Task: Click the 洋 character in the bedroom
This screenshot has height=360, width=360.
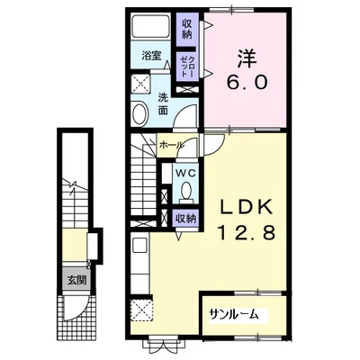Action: (247, 58)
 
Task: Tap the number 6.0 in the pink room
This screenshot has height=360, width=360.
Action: (247, 82)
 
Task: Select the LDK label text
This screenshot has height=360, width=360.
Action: (247, 207)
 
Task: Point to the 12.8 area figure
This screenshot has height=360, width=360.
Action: (247, 232)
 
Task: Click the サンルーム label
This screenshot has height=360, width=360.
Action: (234, 314)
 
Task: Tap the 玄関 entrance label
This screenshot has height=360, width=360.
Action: (76, 280)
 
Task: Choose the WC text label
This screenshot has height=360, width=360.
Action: (185, 173)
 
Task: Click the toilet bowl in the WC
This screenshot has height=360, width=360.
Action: (186, 192)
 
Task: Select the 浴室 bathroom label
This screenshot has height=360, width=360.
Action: (151, 55)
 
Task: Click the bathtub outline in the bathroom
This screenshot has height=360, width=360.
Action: (150, 26)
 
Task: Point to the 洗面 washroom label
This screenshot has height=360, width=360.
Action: (163, 104)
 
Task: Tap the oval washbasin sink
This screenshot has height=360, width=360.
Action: (140, 114)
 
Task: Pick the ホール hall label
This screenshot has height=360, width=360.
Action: (171, 146)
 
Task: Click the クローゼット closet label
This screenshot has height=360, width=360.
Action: (187, 67)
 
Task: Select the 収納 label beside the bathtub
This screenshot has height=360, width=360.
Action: (186, 30)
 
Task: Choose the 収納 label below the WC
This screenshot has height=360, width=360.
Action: (186, 219)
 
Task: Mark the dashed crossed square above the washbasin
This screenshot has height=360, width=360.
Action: (141, 84)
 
